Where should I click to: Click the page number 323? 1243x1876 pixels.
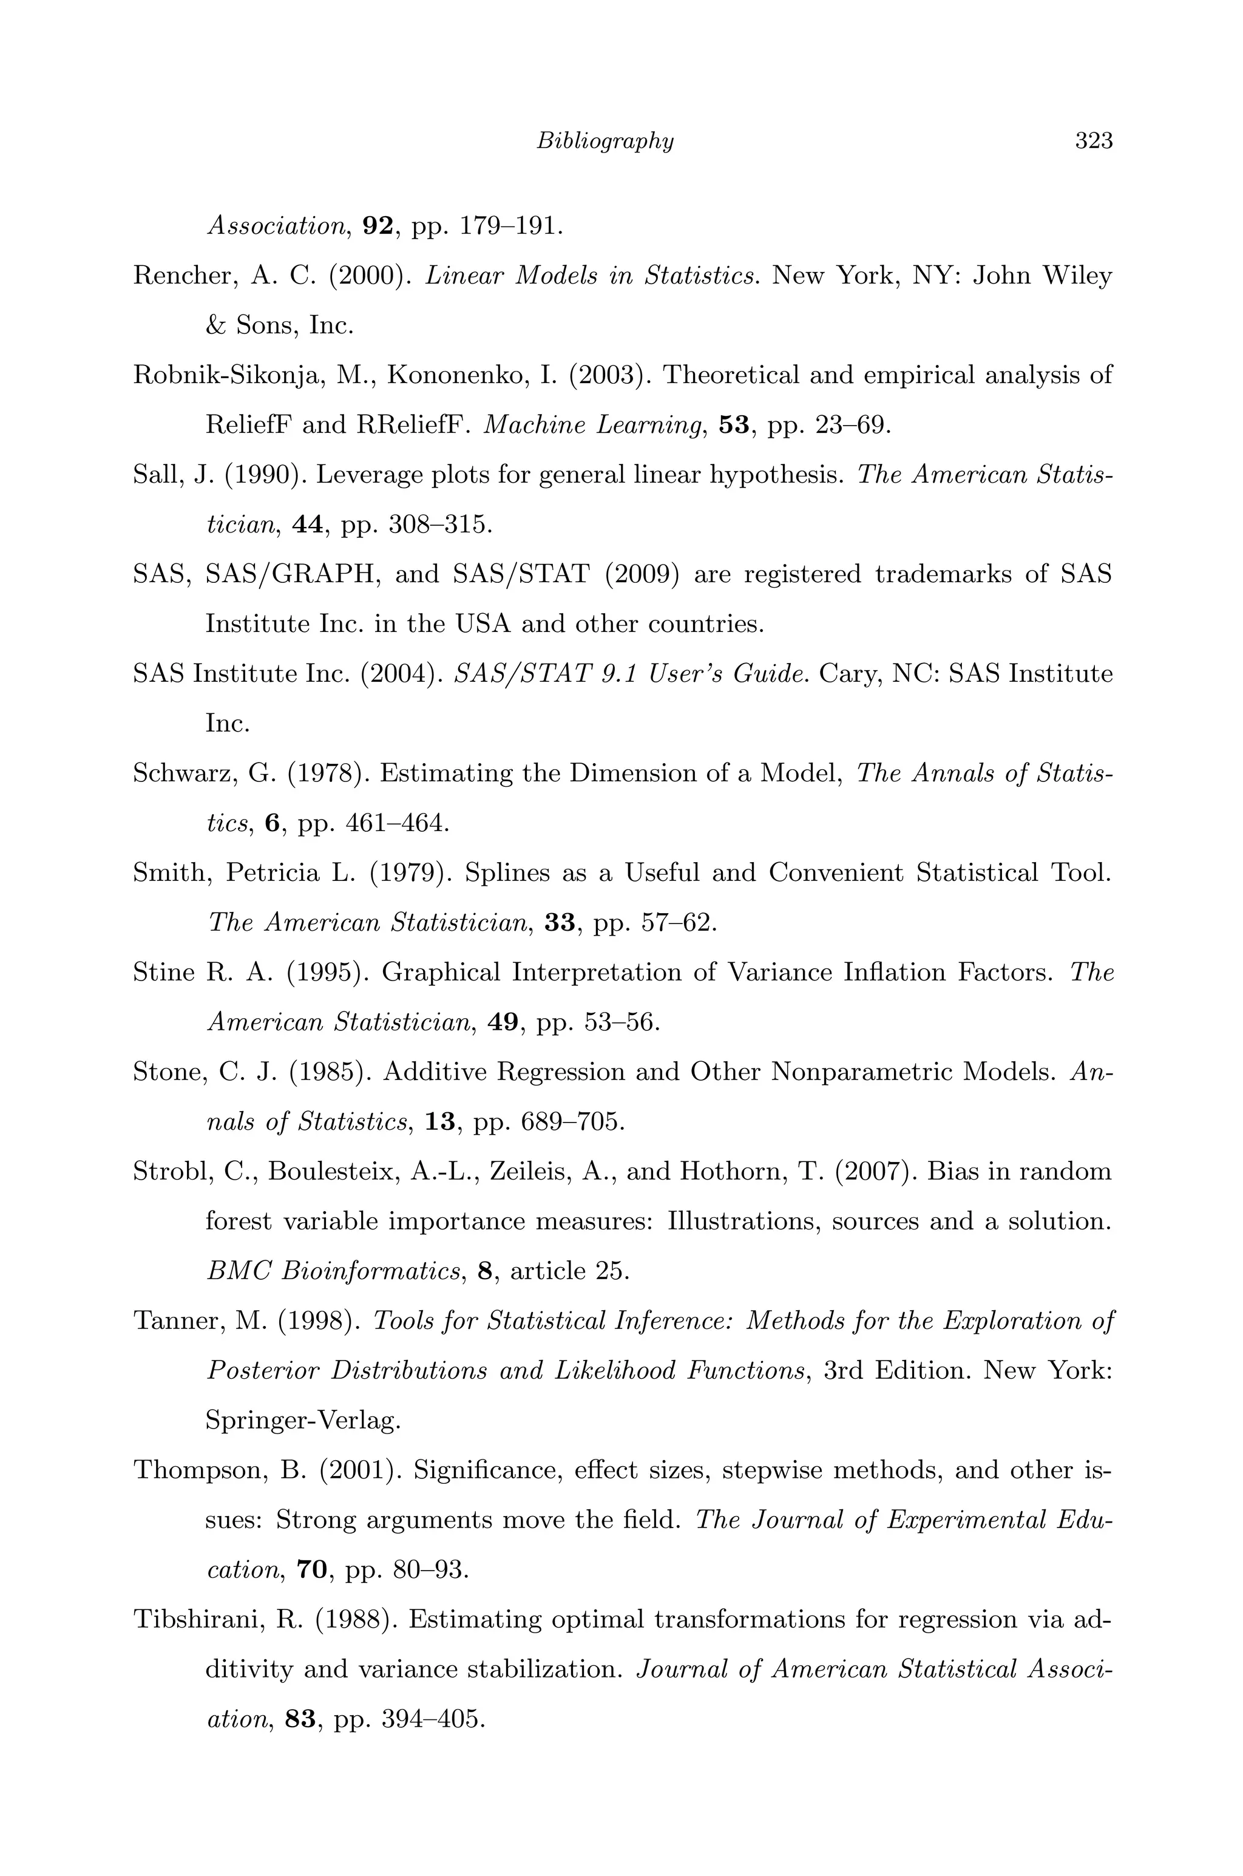tap(1094, 141)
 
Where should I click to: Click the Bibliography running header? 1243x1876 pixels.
tap(605, 141)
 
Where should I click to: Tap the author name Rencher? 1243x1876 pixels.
tap(181, 276)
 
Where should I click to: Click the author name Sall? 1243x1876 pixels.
tap(158, 475)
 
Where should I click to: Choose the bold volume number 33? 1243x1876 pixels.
tap(560, 923)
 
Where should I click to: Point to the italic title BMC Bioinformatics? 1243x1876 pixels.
tap(334, 1272)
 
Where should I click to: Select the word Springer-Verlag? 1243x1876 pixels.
tap(303, 1421)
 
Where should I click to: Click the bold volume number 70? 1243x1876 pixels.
tap(311, 1570)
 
